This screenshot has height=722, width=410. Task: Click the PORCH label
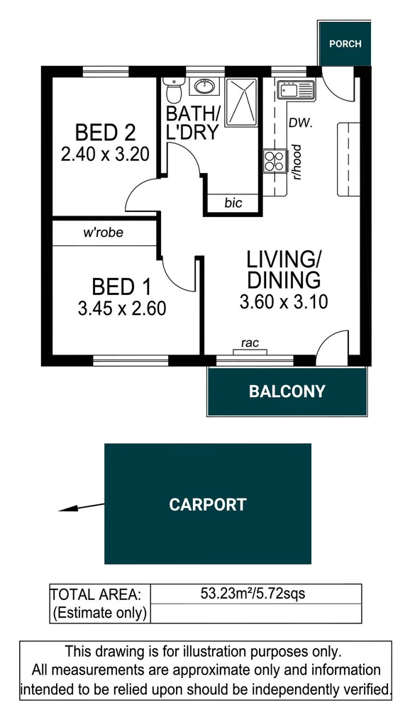pyautogui.click(x=345, y=43)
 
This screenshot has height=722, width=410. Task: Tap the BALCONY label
pyautogui.click(x=287, y=391)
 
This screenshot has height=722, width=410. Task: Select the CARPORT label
pyautogui.click(x=207, y=504)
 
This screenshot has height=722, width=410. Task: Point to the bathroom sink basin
pyautogui.click(x=206, y=87)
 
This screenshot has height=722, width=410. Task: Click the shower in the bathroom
pyautogui.click(x=242, y=102)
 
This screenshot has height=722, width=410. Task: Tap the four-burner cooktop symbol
pyautogui.click(x=273, y=162)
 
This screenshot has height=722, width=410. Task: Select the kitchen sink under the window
pyautogui.click(x=296, y=90)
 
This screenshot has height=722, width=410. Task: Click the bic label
pyautogui.click(x=233, y=203)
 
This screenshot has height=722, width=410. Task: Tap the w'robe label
pyautogui.click(x=104, y=232)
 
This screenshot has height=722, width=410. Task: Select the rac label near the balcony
pyautogui.click(x=250, y=343)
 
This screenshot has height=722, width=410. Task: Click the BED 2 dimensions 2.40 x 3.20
pyautogui.click(x=105, y=154)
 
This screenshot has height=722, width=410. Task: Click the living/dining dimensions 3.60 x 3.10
pyautogui.click(x=284, y=302)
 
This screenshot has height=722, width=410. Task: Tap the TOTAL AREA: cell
pyautogui.click(x=99, y=594)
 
